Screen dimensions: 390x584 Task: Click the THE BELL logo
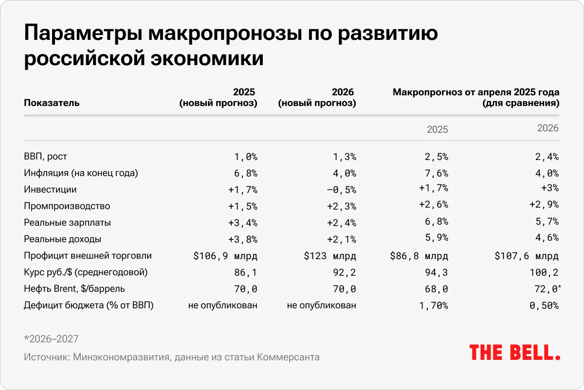514,353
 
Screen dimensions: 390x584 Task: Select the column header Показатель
52,103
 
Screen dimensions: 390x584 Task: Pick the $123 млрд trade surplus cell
329,256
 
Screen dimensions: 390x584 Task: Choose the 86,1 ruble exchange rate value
246,272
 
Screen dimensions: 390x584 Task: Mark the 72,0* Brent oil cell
547,289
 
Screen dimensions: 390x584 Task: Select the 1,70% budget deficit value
434,305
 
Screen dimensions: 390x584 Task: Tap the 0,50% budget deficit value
544,305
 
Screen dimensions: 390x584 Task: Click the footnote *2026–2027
51,339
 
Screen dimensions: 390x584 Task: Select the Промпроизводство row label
67,206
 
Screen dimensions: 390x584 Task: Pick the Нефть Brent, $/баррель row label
74,289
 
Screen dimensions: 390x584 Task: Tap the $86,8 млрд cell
419,256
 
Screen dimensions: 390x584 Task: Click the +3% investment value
549,189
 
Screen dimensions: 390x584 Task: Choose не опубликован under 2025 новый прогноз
223,305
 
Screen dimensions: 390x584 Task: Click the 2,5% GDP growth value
437,157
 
